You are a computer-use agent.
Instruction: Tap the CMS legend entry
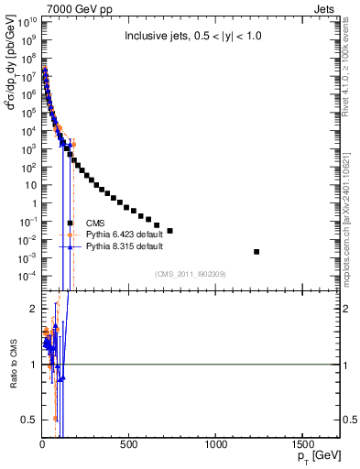(x=94, y=223)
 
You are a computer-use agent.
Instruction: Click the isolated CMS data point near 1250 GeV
(x=256, y=251)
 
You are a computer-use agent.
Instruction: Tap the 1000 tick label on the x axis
(x=216, y=443)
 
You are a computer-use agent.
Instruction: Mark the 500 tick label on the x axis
(x=129, y=443)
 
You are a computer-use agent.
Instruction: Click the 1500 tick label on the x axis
(x=303, y=443)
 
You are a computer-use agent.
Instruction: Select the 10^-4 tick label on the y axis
(x=27, y=276)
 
